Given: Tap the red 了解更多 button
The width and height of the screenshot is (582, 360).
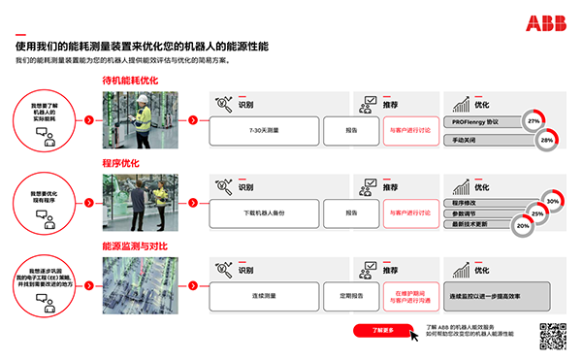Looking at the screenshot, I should coord(383,330).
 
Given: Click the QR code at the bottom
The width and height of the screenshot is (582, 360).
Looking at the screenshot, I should coord(552,336).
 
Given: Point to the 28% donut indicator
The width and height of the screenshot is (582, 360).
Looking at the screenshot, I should coord(546,141).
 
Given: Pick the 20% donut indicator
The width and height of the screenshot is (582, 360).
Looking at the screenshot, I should coord(523,225).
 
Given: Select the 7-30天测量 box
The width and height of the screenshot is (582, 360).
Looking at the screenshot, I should coord(263,129).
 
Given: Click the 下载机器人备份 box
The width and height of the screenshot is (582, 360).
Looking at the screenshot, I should coord(263,213).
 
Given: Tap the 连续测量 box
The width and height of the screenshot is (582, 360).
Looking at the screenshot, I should coord(263,296).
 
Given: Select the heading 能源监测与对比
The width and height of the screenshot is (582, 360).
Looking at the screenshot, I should coord(135,246).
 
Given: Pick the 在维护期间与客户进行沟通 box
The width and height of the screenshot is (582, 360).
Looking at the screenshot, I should coord(409,296).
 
